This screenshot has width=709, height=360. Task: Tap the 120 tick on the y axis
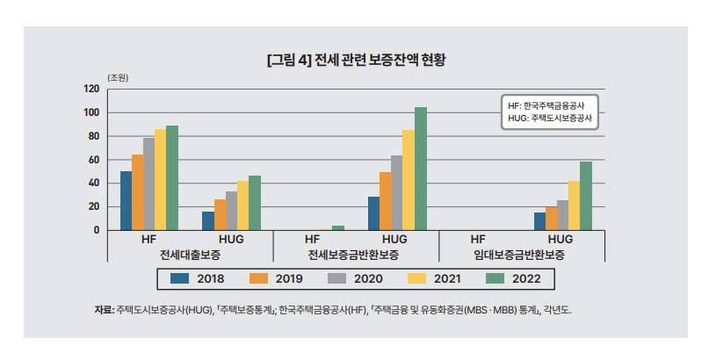pyautogui.click(x=91, y=89)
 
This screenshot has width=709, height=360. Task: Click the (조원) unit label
pyautogui.click(x=118, y=77)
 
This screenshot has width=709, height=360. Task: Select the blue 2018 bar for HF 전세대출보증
pyautogui.click(x=126, y=200)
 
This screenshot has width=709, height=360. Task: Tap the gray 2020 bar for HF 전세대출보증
pyautogui.click(x=148, y=184)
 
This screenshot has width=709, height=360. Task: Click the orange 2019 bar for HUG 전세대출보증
pyautogui.click(x=220, y=214)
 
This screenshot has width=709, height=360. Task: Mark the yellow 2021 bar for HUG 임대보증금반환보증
pyautogui.click(x=574, y=205)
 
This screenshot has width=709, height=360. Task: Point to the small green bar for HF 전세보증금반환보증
pyautogui.click(x=337, y=227)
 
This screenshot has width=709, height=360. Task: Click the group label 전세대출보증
pyautogui.click(x=190, y=254)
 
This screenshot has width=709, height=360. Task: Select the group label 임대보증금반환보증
pyautogui.click(x=521, y=254)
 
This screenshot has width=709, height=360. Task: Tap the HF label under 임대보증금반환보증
pyautogui.click(x=479, y=238)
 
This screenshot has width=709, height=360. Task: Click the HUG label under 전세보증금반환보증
pyautogui.click(x=396, y=238)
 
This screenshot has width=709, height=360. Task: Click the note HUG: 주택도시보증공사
pyautogui.click(x=549, y=117)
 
